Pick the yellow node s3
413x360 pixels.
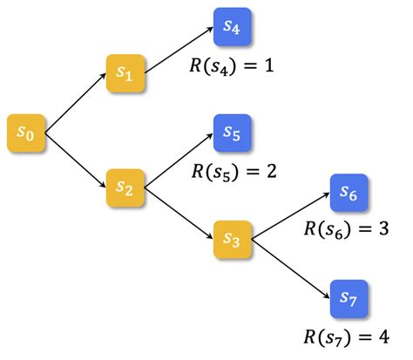[232, 238]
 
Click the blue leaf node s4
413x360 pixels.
[232, 29]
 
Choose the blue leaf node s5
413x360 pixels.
[232, 133]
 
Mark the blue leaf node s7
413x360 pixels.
[349, 299]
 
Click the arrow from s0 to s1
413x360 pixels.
[74, 104]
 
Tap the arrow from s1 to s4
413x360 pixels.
[178, 51]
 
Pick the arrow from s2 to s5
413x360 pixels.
[178, 160]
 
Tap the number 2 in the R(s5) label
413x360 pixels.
[269, 170]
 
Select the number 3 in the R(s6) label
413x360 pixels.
[386, 230]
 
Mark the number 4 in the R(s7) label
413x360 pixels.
[386, 336]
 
